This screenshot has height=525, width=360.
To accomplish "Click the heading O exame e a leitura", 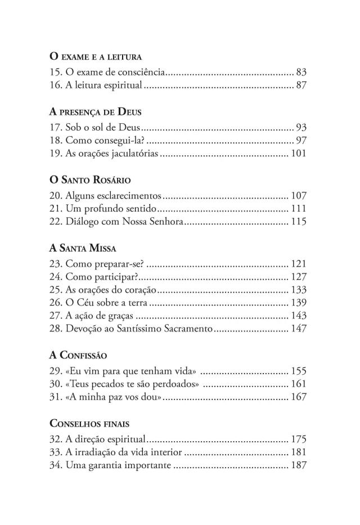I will tap(95, 57).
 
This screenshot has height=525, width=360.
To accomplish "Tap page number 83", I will tap(300, 73).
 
